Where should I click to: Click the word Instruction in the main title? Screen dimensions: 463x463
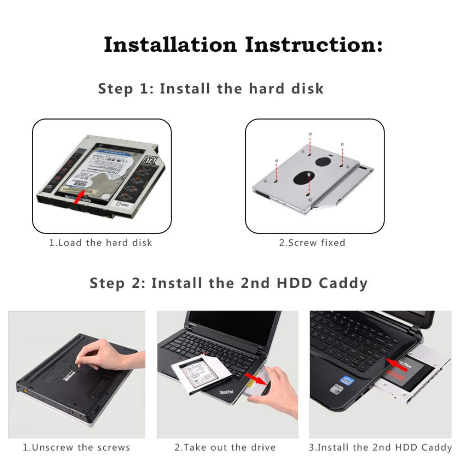[314, 45]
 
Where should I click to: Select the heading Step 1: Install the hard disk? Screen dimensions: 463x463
[210, 89]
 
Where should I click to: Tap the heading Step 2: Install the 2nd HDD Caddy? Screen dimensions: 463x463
[228, 283]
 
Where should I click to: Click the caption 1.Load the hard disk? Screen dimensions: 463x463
[101, 243]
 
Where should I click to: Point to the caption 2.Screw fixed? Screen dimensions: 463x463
[312, 243]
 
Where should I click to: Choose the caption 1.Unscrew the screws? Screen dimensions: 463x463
[76, 448]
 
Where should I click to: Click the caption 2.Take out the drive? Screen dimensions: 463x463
[225, 448]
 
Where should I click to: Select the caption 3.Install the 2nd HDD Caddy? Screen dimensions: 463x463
[380, 448]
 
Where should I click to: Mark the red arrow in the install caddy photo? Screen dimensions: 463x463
[396, 364]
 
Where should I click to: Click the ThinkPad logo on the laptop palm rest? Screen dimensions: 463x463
[226, 392]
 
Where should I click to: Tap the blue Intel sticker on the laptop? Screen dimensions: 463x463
[346, 380]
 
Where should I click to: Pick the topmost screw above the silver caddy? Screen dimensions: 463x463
[310, 135]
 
